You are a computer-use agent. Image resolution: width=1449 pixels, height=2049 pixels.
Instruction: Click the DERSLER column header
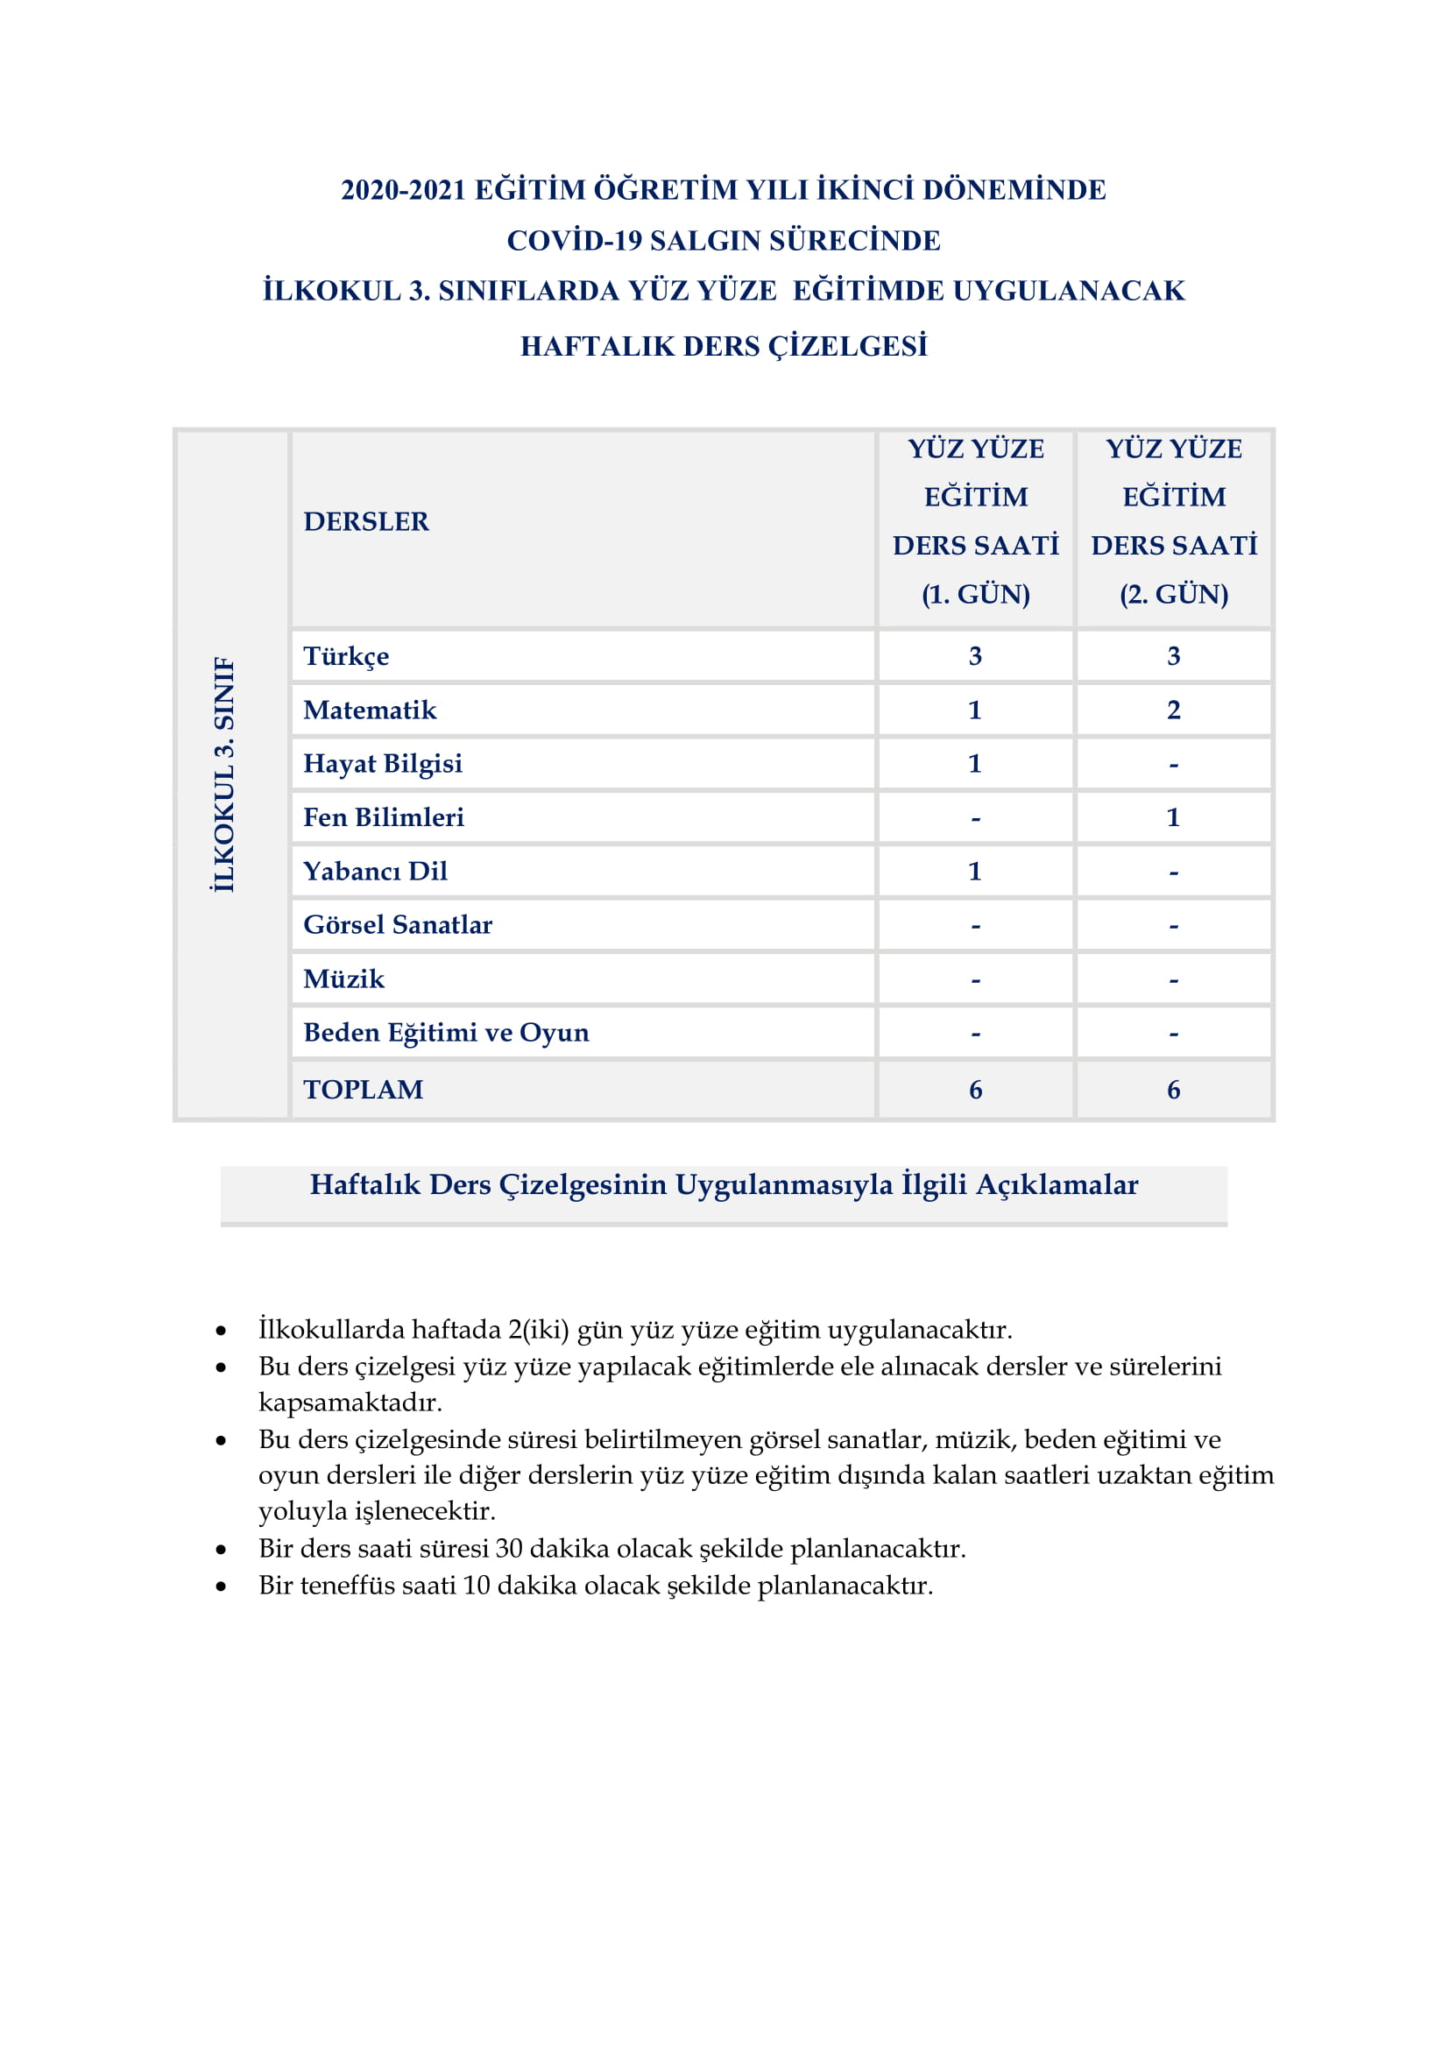point(366,521)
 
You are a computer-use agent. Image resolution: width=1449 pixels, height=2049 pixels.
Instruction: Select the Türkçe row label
point(346,656)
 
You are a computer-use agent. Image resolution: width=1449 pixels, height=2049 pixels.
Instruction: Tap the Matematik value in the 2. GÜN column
point(1173,710)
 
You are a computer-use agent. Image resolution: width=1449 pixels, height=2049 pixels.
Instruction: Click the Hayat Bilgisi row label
point(383,763)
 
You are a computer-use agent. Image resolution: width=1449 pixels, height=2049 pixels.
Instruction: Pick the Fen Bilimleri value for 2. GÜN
point(1173,816)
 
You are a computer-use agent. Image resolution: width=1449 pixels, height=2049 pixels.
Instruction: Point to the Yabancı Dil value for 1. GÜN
point(975,871)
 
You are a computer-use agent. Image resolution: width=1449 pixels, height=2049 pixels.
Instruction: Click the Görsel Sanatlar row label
point(398,924)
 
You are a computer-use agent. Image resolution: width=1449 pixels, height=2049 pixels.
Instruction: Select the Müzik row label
point(343,979)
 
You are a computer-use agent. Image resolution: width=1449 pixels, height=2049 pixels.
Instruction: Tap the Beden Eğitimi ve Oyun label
point(446,1033)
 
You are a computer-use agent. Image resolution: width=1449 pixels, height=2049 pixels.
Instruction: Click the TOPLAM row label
point(364,1090)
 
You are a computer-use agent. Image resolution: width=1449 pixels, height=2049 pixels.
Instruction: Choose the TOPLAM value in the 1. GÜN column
point(975,1090)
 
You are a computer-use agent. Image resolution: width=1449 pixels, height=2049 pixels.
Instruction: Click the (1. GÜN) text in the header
point(975,594)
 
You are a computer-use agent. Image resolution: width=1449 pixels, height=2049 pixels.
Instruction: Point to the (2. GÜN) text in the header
point(1173,594)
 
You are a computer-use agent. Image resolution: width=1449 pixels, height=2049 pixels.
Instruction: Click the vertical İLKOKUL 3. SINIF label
point(224,774)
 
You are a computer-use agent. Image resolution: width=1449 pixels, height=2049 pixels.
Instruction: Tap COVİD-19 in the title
point(574,240)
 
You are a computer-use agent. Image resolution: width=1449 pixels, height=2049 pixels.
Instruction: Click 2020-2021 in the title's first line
point(403,190)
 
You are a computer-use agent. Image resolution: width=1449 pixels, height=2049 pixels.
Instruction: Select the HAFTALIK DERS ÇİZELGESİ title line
point(724,346)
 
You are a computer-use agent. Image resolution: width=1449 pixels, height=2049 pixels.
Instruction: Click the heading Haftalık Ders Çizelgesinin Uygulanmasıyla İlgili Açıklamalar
point(724,1184)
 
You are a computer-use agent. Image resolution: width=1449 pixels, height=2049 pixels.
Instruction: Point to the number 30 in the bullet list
point(510,1548)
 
